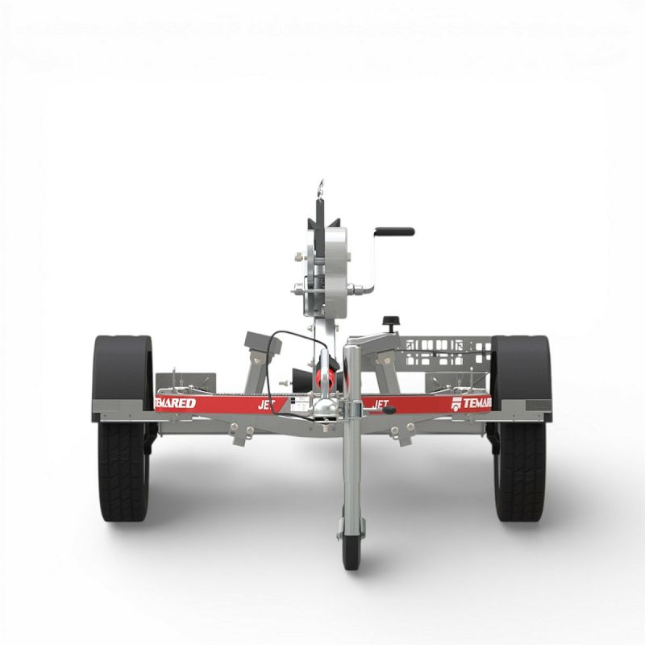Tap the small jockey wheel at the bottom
click(x=352, y=548)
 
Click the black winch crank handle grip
click(x=394, y=231)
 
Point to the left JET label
click(x=267, y=405)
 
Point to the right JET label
click(x=381, y=403)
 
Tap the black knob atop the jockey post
click(x=392, y=322)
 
